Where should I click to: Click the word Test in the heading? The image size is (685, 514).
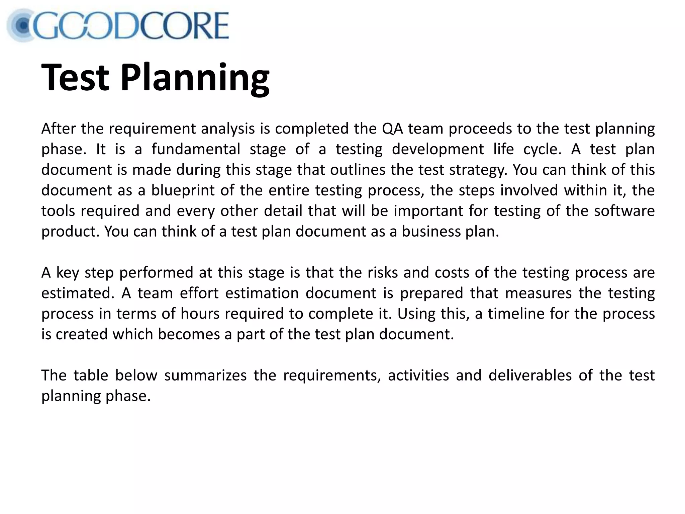pyautogui.click(x=75, y=78)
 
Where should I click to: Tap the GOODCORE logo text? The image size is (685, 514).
pyautogui.click(x=130, y=26)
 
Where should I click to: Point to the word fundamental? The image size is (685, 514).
pyautogui.click(x=196, y=149)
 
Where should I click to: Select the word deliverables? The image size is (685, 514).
pyautogui.click(x=530, y=375)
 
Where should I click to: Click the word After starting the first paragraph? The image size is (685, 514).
pyautogui.click(x=58, y=129)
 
